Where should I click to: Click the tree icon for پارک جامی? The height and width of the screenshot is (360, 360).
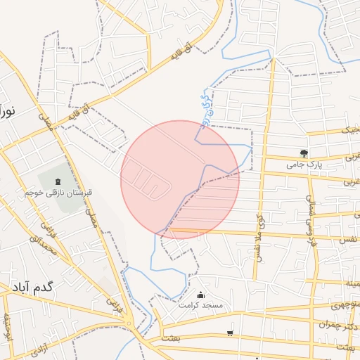click(x=304, y=153)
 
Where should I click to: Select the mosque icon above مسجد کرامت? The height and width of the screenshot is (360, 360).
click(x=201, y=295)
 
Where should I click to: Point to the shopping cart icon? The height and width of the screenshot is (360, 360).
click(x=230, y=333)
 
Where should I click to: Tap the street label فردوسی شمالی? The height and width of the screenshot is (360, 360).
click(x=310, y=214)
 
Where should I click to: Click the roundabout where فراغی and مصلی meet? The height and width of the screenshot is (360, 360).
click(x=129, y=323)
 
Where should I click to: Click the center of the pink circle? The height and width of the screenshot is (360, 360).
click(x=180, y=179)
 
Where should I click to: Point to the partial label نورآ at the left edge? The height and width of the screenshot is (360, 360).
click(x=8, y=110)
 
